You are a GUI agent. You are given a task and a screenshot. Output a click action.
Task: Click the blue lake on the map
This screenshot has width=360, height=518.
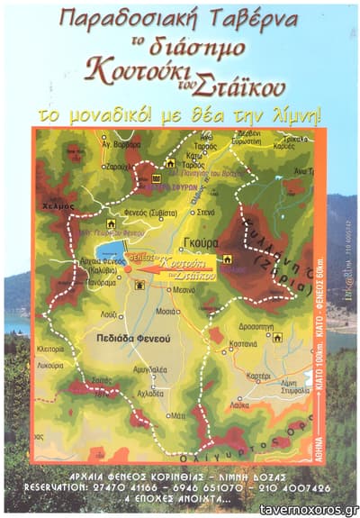click(111, 251)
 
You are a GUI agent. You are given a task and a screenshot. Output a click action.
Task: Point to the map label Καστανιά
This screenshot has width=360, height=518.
click(244, 344)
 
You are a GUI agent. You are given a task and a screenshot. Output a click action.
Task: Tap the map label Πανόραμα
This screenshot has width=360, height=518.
click(101, 282)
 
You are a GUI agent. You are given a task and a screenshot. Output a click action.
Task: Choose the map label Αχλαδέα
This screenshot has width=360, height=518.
click(149, 392)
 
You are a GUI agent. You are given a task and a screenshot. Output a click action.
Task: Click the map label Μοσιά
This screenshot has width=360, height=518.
click(166, 310)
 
